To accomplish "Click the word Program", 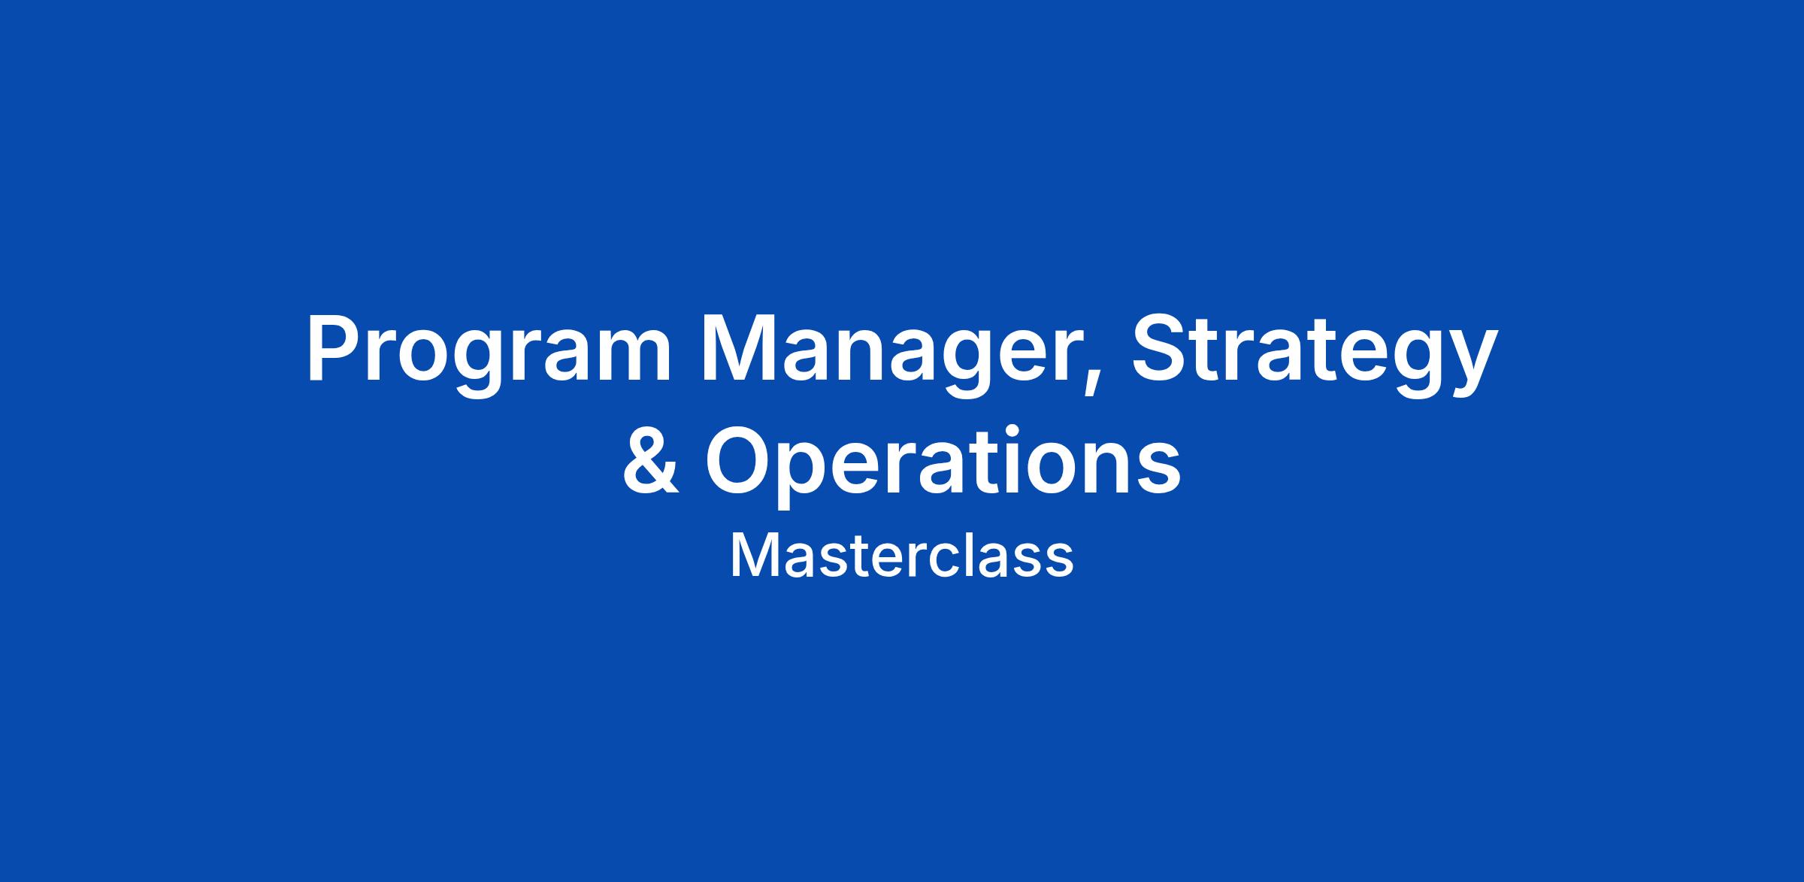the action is (x=488, y=353).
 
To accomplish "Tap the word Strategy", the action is (x=1314, y=353).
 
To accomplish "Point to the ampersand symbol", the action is (x=651, y=460).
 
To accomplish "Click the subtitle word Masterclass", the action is (x=902, y=556).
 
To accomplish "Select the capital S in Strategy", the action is (x=1162, y=347).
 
